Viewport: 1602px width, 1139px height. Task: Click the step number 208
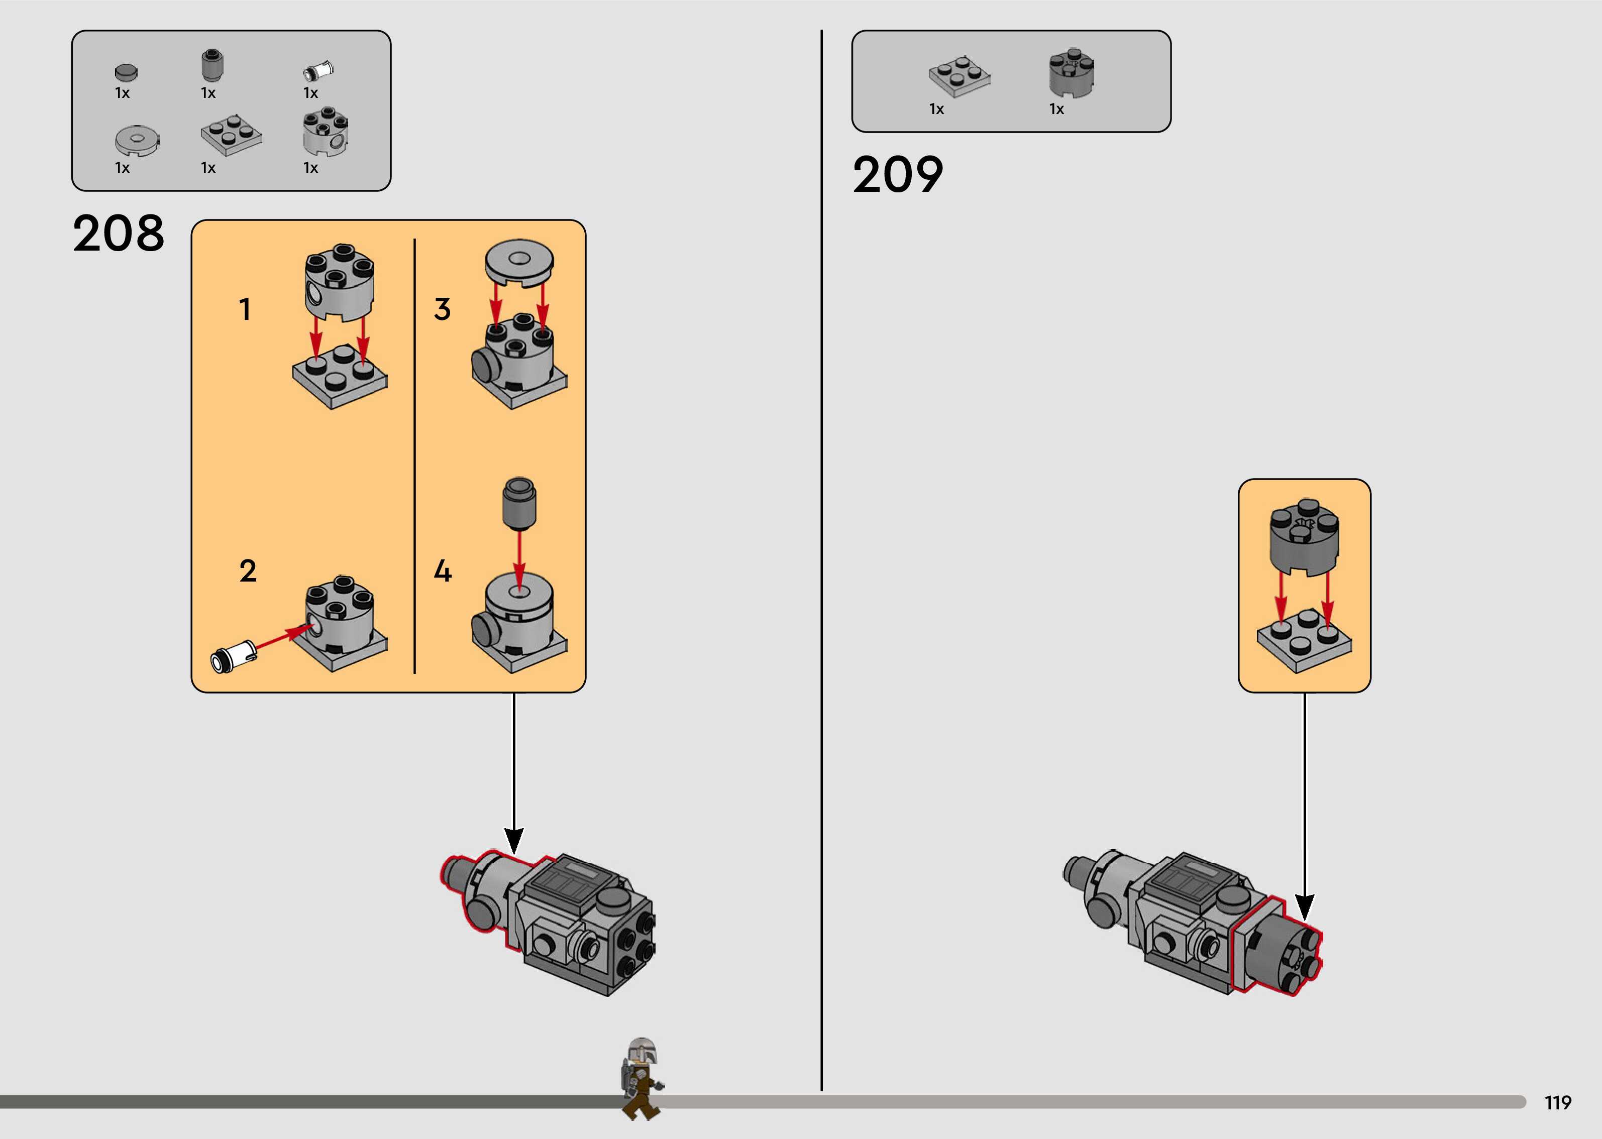[x=118, y=234]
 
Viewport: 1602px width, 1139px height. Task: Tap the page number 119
[x=1558, y=1102]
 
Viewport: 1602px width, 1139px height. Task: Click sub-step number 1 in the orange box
[x=245, y=309]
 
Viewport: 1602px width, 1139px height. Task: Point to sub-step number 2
[x=248, y=571]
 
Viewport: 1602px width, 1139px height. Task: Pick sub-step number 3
[x=442, y=309]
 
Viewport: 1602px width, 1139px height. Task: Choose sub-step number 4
[x=443, y=571]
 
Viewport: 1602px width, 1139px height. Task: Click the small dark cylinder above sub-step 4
[x=519, y=502]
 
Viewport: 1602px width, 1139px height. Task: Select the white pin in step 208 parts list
[x=318, y=71]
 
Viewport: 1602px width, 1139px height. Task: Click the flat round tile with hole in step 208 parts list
[x=137, y=140]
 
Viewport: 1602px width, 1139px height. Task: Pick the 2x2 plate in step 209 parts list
[x=959, y=76]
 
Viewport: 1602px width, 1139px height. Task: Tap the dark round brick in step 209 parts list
[x=1071, y=72]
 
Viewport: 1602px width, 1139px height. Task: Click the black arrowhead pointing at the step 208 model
[x=514, y=840]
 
